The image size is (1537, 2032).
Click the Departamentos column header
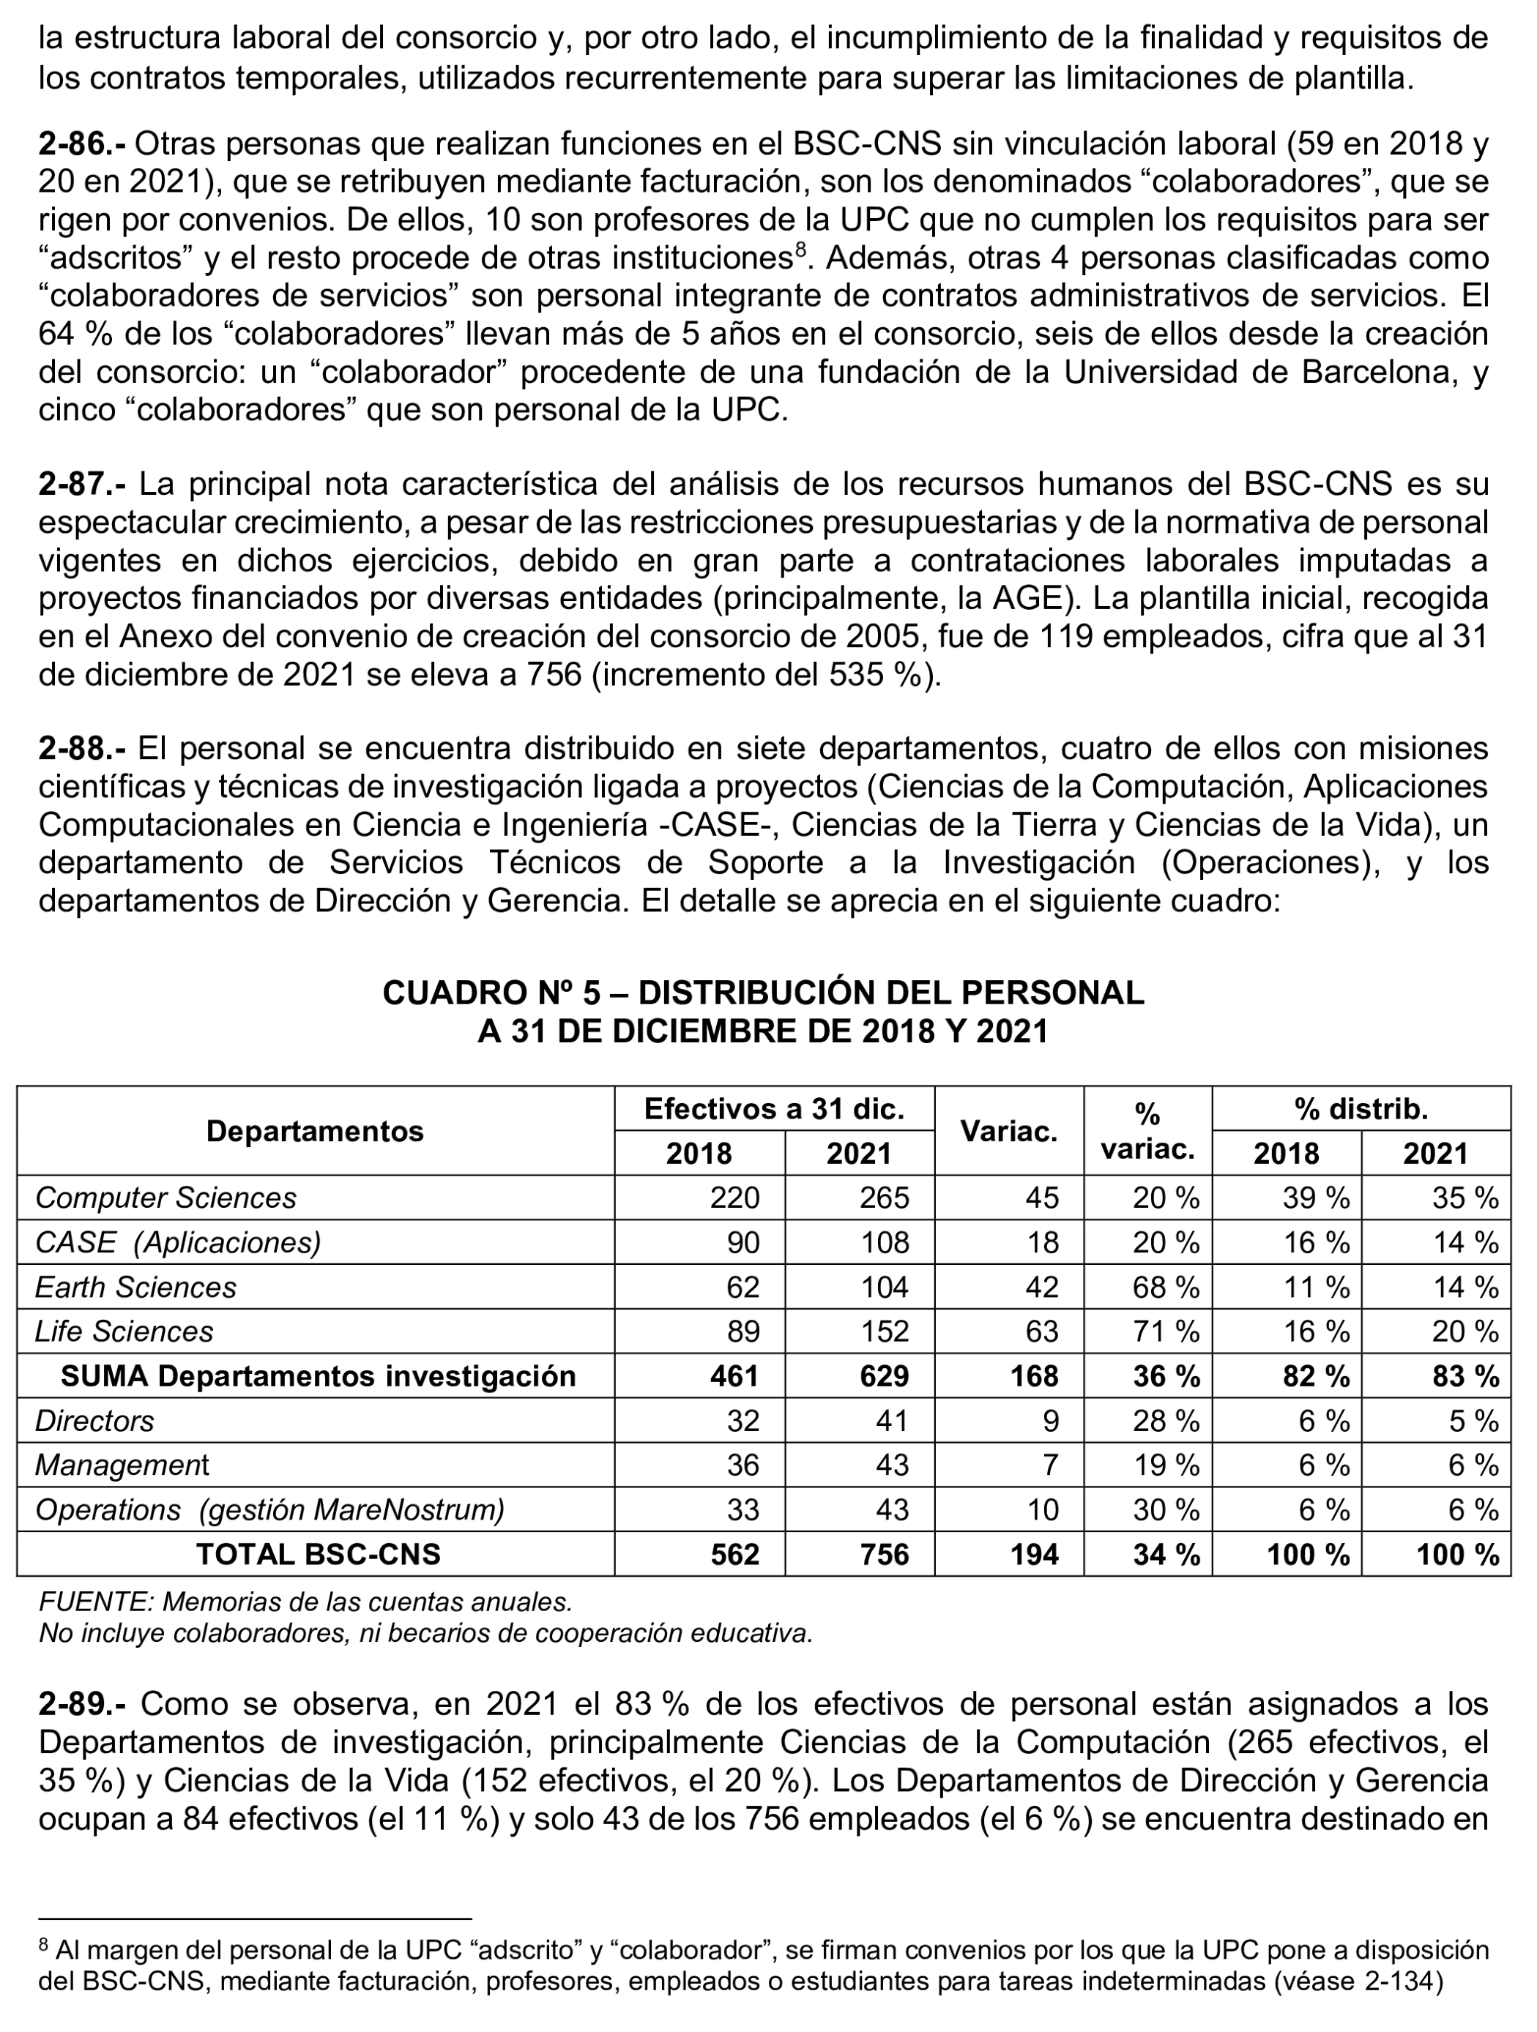(314, 1131)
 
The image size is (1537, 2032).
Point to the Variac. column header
(1009, 1131)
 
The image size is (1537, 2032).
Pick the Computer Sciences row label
(165, 1198)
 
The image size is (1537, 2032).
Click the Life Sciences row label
(124, 1331)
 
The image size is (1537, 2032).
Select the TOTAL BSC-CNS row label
(318, 1553)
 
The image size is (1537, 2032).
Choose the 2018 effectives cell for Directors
(743, 1420)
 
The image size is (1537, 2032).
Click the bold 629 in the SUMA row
(884, 1376)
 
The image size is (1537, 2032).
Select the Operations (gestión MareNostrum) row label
(269, 1509)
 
